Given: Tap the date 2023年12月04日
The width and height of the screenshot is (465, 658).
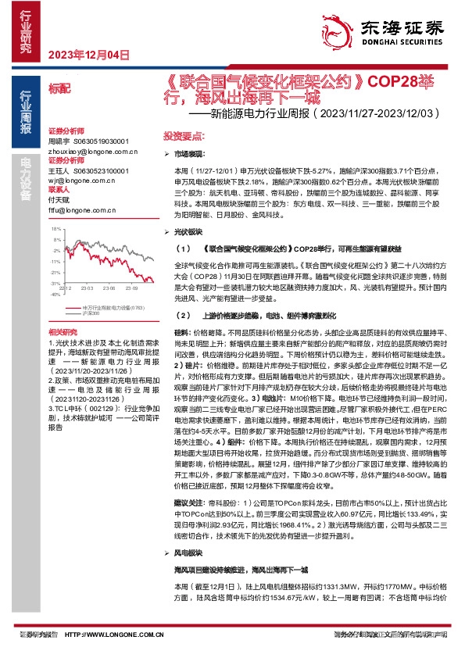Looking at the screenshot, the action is pos(88,55).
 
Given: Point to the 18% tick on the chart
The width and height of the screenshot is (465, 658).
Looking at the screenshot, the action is pos(55,230).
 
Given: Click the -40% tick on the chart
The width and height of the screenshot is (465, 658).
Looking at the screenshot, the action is pos(55,295).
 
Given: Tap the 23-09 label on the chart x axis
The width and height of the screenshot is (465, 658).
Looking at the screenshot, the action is pos(138,288).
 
